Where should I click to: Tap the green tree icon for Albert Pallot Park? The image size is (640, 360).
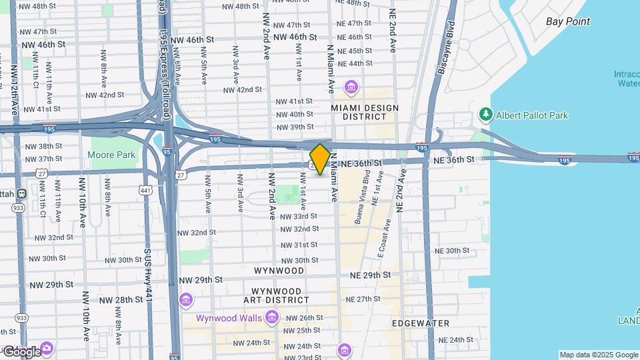coord(485,115)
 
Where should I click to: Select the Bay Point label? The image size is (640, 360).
coord(568,21)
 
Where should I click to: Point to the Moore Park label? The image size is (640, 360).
coord(111,155)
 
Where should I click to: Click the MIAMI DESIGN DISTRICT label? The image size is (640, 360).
coord(365,112)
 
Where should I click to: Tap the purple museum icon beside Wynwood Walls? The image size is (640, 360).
coord(271,317)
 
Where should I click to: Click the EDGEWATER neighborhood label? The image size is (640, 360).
coord(421,323)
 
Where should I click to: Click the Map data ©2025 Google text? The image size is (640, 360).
coord(598,355)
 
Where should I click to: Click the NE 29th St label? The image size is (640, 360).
coord(370,275)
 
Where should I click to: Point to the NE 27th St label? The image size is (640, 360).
coord(378,299)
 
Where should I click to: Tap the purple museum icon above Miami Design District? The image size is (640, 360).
coord(351,87)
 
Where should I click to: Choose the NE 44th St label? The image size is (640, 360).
coord(355,63)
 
